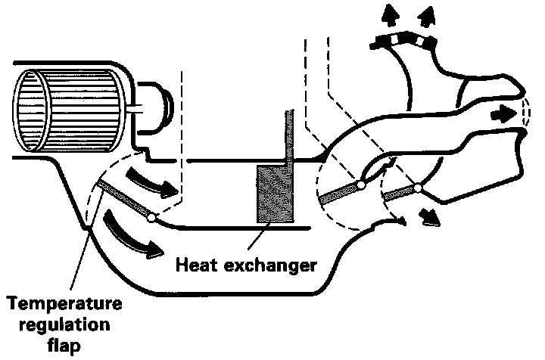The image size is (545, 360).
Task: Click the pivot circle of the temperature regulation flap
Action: (x=151, y=219)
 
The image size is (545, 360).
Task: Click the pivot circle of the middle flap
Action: (x=361, y=184)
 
